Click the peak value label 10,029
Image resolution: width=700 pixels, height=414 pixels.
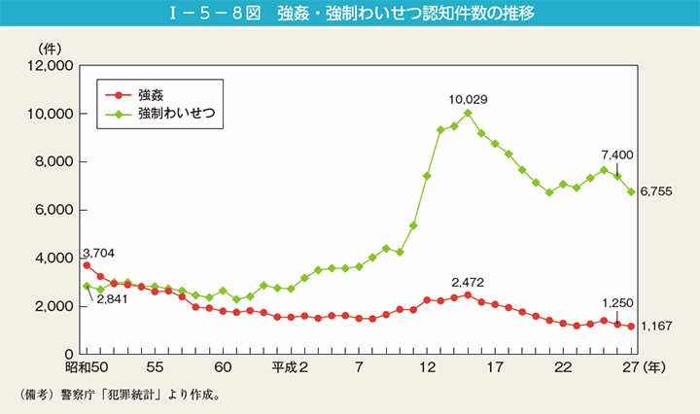tap(468, 98)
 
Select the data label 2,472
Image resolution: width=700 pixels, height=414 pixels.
tap(468, 283)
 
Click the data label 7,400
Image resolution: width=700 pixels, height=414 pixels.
tap(617, 155)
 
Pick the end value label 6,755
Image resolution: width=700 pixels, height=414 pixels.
tap(656, 193)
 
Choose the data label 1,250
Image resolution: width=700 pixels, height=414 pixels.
tap(617, 302)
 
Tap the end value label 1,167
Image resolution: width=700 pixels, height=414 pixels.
tap(656, 328)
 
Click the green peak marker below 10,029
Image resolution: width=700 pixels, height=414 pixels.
tap(468, 113)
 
